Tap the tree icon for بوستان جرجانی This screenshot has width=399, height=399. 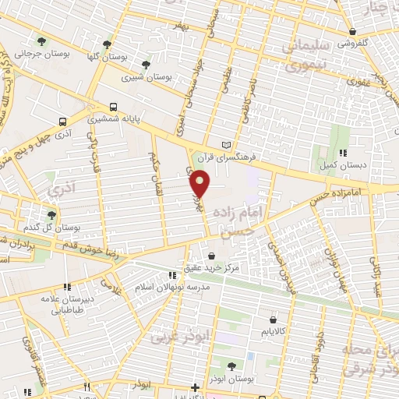(41, 41)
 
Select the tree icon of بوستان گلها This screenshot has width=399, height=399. (108, 44)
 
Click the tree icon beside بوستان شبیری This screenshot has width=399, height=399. (146, 65)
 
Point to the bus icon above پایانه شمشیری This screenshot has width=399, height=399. (114, 107)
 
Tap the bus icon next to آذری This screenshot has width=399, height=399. (63, 122)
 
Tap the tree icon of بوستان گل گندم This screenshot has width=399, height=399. (51, 214)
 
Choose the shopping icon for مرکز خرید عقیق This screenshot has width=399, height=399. (212, 254)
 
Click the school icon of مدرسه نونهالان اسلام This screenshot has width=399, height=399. (172, 275)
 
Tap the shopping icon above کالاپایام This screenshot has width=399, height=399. (273, 318)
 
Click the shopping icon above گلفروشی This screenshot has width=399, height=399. (353, 32)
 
